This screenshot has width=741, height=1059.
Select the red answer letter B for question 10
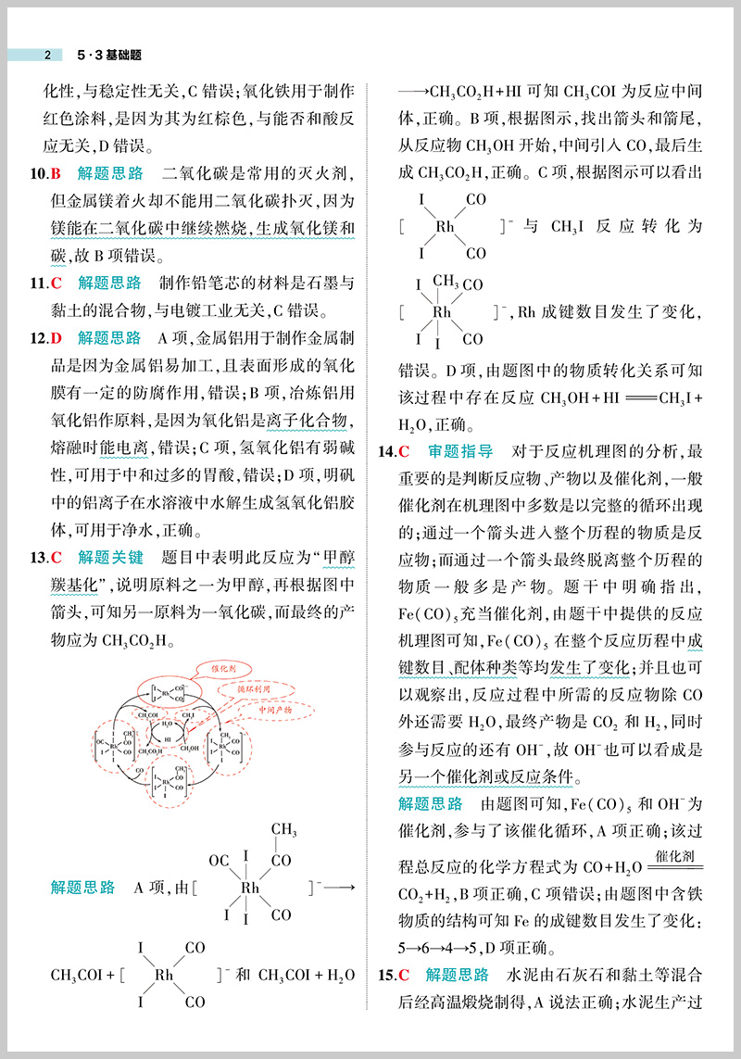click(x=56, y=173)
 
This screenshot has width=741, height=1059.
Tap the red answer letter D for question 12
click(x=56, y=338)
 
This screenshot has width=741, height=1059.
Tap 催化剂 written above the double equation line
click(x=673, y=855)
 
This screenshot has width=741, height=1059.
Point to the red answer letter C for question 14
click(x=404, y=452)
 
